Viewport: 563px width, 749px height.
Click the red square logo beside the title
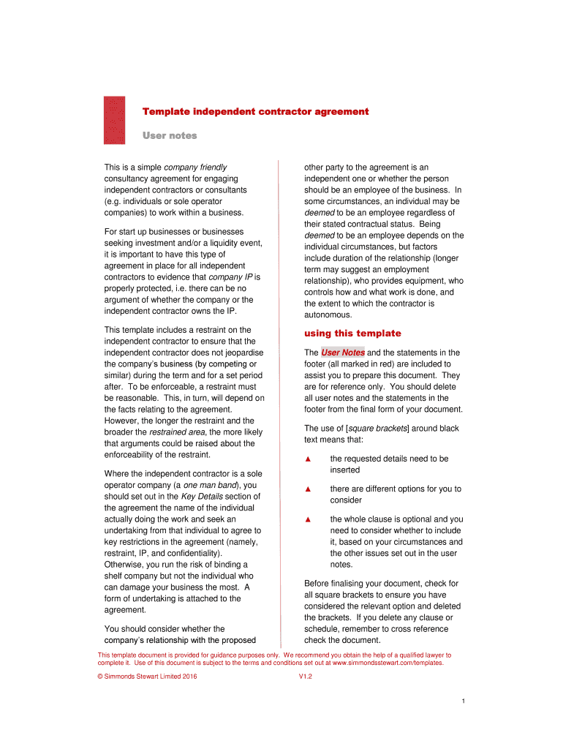pos(114,121)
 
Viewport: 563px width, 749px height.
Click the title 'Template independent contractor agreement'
pos(255,112)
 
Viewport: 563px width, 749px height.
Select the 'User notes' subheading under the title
pos(169,135)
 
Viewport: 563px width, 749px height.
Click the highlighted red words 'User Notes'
pos(343,353)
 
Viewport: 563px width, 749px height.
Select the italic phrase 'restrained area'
pos(178,432)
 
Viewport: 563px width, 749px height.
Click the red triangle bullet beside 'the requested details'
pos(309,459)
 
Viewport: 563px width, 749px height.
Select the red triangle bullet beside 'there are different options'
pos(309,489)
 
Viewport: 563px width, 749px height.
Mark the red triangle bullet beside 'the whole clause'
pos(309,519)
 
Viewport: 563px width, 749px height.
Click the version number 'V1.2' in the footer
pos(306,677)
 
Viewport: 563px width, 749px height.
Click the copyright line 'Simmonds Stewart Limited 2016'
pos(151,677)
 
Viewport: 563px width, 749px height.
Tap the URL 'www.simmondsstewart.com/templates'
pos(388,663)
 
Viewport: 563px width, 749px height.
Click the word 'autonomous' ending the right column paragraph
pos(328,315)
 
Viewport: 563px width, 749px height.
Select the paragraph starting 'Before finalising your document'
pos(382,611)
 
